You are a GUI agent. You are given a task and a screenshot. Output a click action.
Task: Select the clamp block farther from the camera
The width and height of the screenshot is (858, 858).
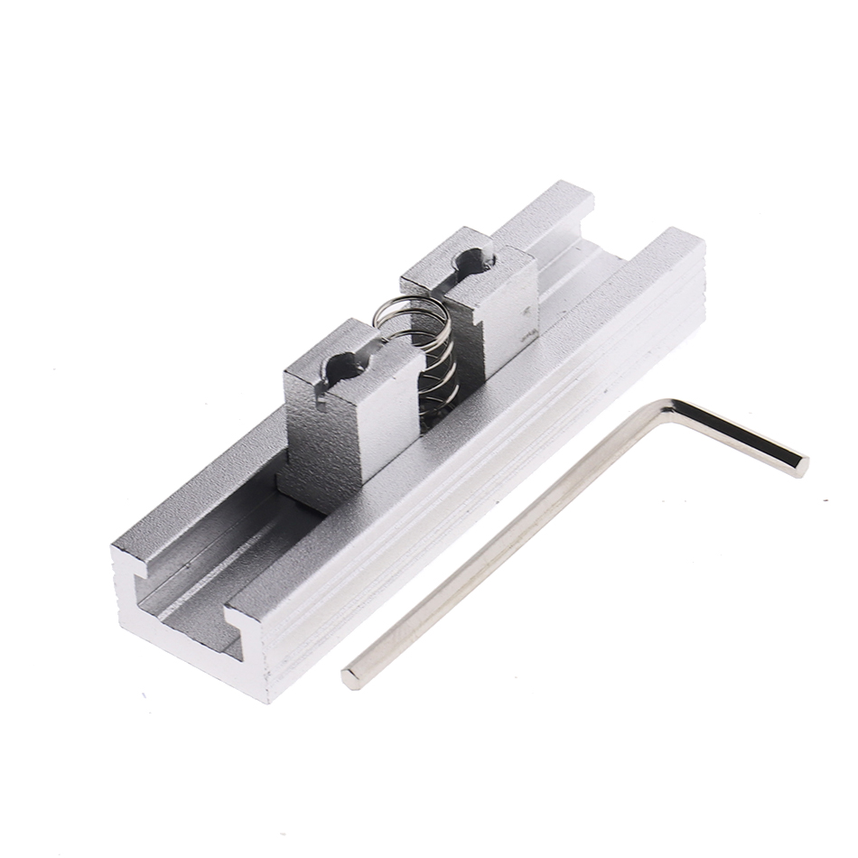(479, 298)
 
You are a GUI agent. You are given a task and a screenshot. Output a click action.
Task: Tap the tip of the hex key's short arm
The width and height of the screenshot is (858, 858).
(799, 466)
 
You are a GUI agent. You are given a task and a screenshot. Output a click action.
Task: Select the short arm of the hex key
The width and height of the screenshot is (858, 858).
(736, 437)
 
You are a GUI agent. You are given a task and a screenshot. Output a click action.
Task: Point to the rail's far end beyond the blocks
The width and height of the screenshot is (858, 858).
(578, 217)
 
